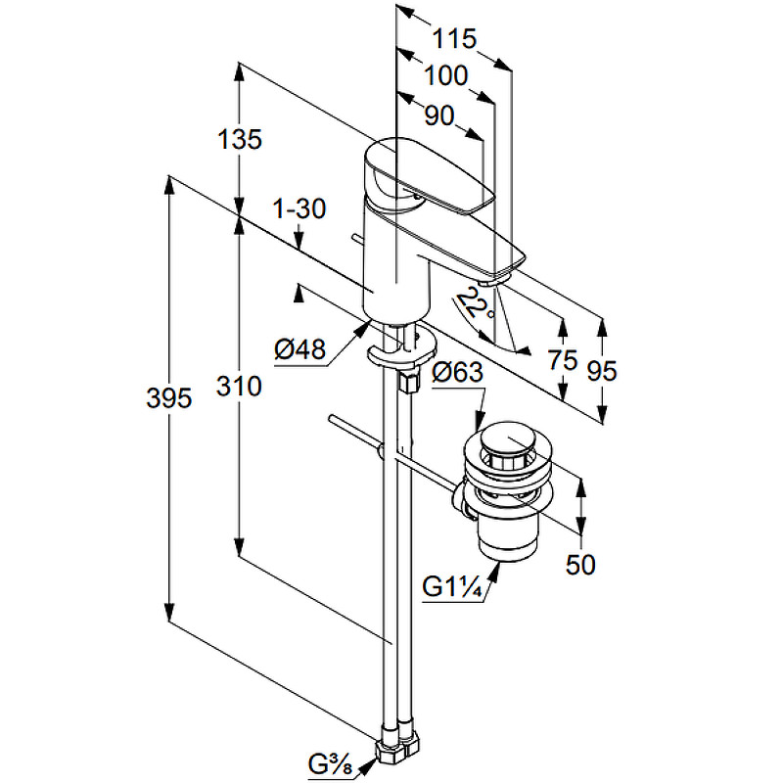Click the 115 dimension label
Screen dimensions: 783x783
pos(454,39)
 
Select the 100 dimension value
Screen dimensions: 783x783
pos(446,76)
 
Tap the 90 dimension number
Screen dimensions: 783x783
pos(439,115)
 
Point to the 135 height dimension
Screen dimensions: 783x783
pos(240,139)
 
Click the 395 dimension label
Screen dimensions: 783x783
pos(168,398)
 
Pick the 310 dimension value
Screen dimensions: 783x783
pos(239,387)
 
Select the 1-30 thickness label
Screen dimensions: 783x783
pos(299,208)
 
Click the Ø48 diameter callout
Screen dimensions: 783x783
pos(300,348)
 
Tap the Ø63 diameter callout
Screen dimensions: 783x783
pos(457,372)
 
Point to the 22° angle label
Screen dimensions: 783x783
pos(475,304)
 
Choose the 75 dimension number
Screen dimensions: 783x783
pos(563,360)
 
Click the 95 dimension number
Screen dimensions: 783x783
pos(602,371)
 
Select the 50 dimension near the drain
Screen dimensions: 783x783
pos(580,565)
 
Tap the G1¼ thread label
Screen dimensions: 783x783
pos(452,586)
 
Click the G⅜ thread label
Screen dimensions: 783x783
pos(330,764)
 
